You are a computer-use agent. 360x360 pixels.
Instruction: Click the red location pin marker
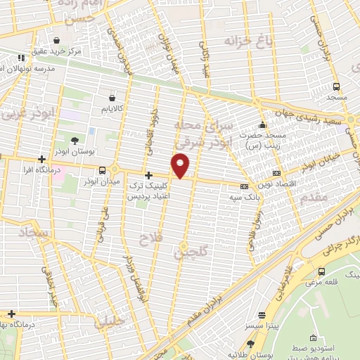(181, 166)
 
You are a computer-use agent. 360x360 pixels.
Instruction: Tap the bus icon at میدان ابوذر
(103, 170)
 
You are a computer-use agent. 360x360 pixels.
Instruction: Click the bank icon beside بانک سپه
(244, 186)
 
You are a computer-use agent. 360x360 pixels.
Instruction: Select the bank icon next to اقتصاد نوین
(276, 172)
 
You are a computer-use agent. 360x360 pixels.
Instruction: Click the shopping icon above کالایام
(112, 99)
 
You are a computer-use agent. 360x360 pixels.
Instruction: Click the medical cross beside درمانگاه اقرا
(42, 158)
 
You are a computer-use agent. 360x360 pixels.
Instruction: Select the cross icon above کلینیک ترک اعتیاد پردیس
(148, 175)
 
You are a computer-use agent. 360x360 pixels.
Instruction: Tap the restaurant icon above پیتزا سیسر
(262, 316)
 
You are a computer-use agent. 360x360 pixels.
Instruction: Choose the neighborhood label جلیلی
(108, 323)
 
